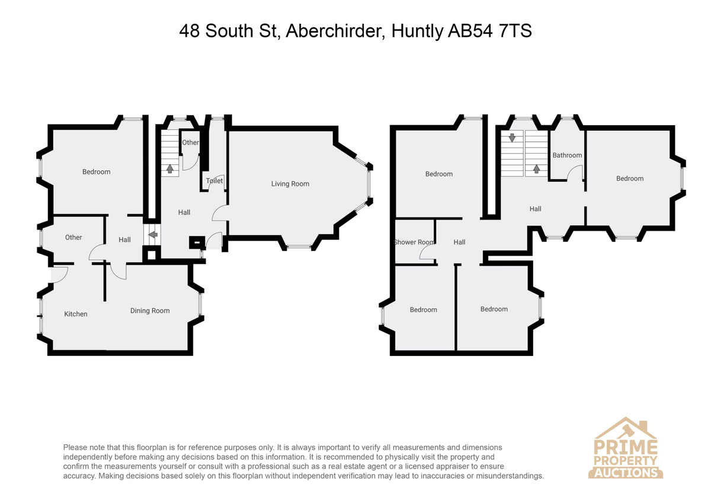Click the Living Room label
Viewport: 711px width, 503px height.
(x=290, y=184)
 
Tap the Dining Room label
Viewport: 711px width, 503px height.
(x=150, y=310)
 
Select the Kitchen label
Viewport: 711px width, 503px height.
(x=76, y=314)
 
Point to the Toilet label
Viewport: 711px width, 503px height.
(x=214, y=181)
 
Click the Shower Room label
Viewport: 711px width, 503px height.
(x=414, y=242)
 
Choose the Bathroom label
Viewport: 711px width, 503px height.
(x=567, y=155)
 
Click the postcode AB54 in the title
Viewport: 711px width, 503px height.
(x=470, y=31)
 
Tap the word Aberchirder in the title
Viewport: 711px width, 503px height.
(x=336, y=31)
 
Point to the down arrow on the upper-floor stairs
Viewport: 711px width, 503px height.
(x=512, y=138)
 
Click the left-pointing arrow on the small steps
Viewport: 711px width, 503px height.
(x=153, y=235)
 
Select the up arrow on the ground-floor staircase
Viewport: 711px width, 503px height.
(x=170, y=168)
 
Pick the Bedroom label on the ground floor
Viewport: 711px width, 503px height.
(x=97, y=172)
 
